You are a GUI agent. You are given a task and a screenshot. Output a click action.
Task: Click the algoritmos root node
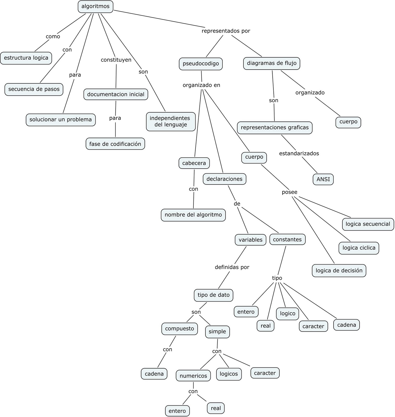pos(96,7)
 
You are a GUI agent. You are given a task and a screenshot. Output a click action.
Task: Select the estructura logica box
pos(26,58)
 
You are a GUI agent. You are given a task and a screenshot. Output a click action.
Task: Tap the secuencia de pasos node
pos(34,89)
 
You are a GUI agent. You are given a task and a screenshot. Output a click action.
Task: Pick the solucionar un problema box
pos(61,120)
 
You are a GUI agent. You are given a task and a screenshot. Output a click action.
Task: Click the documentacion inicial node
pos(116,94)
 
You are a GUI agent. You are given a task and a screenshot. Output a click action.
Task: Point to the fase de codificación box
pos(115,144)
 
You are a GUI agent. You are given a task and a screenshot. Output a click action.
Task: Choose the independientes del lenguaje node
pos(171,121)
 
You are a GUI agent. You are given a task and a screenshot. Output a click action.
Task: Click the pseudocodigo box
pos(201,64)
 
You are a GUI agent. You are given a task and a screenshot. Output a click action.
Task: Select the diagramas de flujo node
pos(272,63)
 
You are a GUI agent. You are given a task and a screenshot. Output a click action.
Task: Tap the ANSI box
pos(323,179)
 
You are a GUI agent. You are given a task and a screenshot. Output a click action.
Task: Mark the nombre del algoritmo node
pos(193,215)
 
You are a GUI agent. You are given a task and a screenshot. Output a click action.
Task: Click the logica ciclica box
pos(359,248)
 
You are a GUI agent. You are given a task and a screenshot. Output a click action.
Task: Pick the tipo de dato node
pos(214,295)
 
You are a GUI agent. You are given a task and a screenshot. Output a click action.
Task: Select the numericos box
pos(193,376)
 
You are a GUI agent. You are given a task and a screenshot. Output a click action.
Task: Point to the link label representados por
pos(226,31)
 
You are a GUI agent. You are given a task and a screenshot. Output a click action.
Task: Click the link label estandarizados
pos(299,154)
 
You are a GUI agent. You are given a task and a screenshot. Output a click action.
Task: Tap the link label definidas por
pos(232,267)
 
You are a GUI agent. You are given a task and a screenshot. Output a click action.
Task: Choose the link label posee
pos(290,192)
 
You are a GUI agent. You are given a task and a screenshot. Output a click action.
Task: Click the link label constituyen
pos(116,60)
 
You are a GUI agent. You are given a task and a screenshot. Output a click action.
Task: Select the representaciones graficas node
pos(275,128)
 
